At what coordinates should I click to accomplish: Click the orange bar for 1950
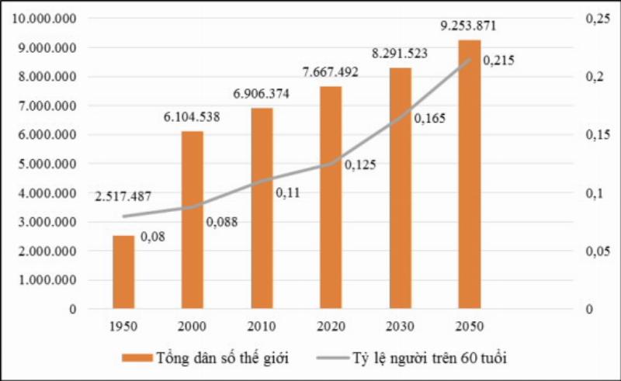point(123,272)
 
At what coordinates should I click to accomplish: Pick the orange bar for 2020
point(331,197)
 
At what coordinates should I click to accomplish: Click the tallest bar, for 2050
point(469,174)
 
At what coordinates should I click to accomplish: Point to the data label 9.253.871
point(468,26)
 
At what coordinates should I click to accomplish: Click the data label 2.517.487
point(123,197)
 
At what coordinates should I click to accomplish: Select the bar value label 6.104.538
point(192,117)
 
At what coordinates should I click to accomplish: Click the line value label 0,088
point(222,222)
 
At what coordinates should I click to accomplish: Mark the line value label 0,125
point(360,165)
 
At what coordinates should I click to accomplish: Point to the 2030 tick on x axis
point(400,326)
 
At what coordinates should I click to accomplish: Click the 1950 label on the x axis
point(123,326)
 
